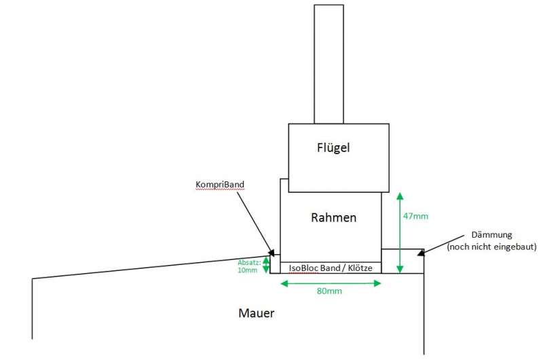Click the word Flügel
[x=333, y=147]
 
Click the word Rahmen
[x=333, y=218]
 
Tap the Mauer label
[x=257, y=313]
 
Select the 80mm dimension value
[x=330, y=291]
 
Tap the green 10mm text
[x=248, y=270]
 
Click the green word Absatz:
[x=248, y=262]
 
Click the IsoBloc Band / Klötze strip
[x=331, y=268]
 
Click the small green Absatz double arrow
[x=266, y=265]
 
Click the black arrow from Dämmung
[x=437, y=246]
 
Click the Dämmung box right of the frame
[x=402, y=261]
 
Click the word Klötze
[x=358, y=268]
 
